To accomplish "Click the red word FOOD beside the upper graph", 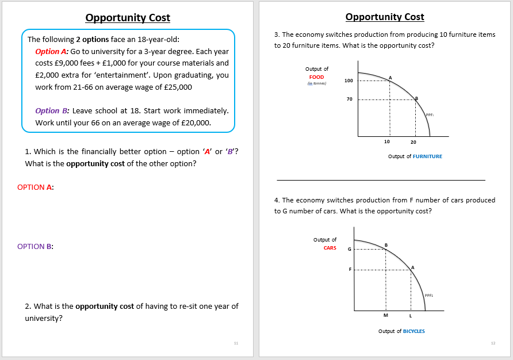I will [x=316, y=76].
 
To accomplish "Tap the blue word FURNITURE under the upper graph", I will [x=427, y=156].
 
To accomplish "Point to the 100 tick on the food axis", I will [x=349, y=81].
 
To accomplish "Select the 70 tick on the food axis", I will [x=349, y=99].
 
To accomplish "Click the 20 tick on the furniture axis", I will [x=414, y=142].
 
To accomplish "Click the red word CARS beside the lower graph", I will [x=330, y=248].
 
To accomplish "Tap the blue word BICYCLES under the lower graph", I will [x=414, y=331].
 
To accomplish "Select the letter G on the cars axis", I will [x=349, y=250].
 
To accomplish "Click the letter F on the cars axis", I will [x=349, y=269].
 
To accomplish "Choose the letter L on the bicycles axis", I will [x=411, y=316].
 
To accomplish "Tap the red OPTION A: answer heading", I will [x=36, y=187].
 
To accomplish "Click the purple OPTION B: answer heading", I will [x=36, y=246].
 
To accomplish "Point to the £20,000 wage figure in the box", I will [x=197, y=122].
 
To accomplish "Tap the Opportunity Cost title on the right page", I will [x=385, y=17].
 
